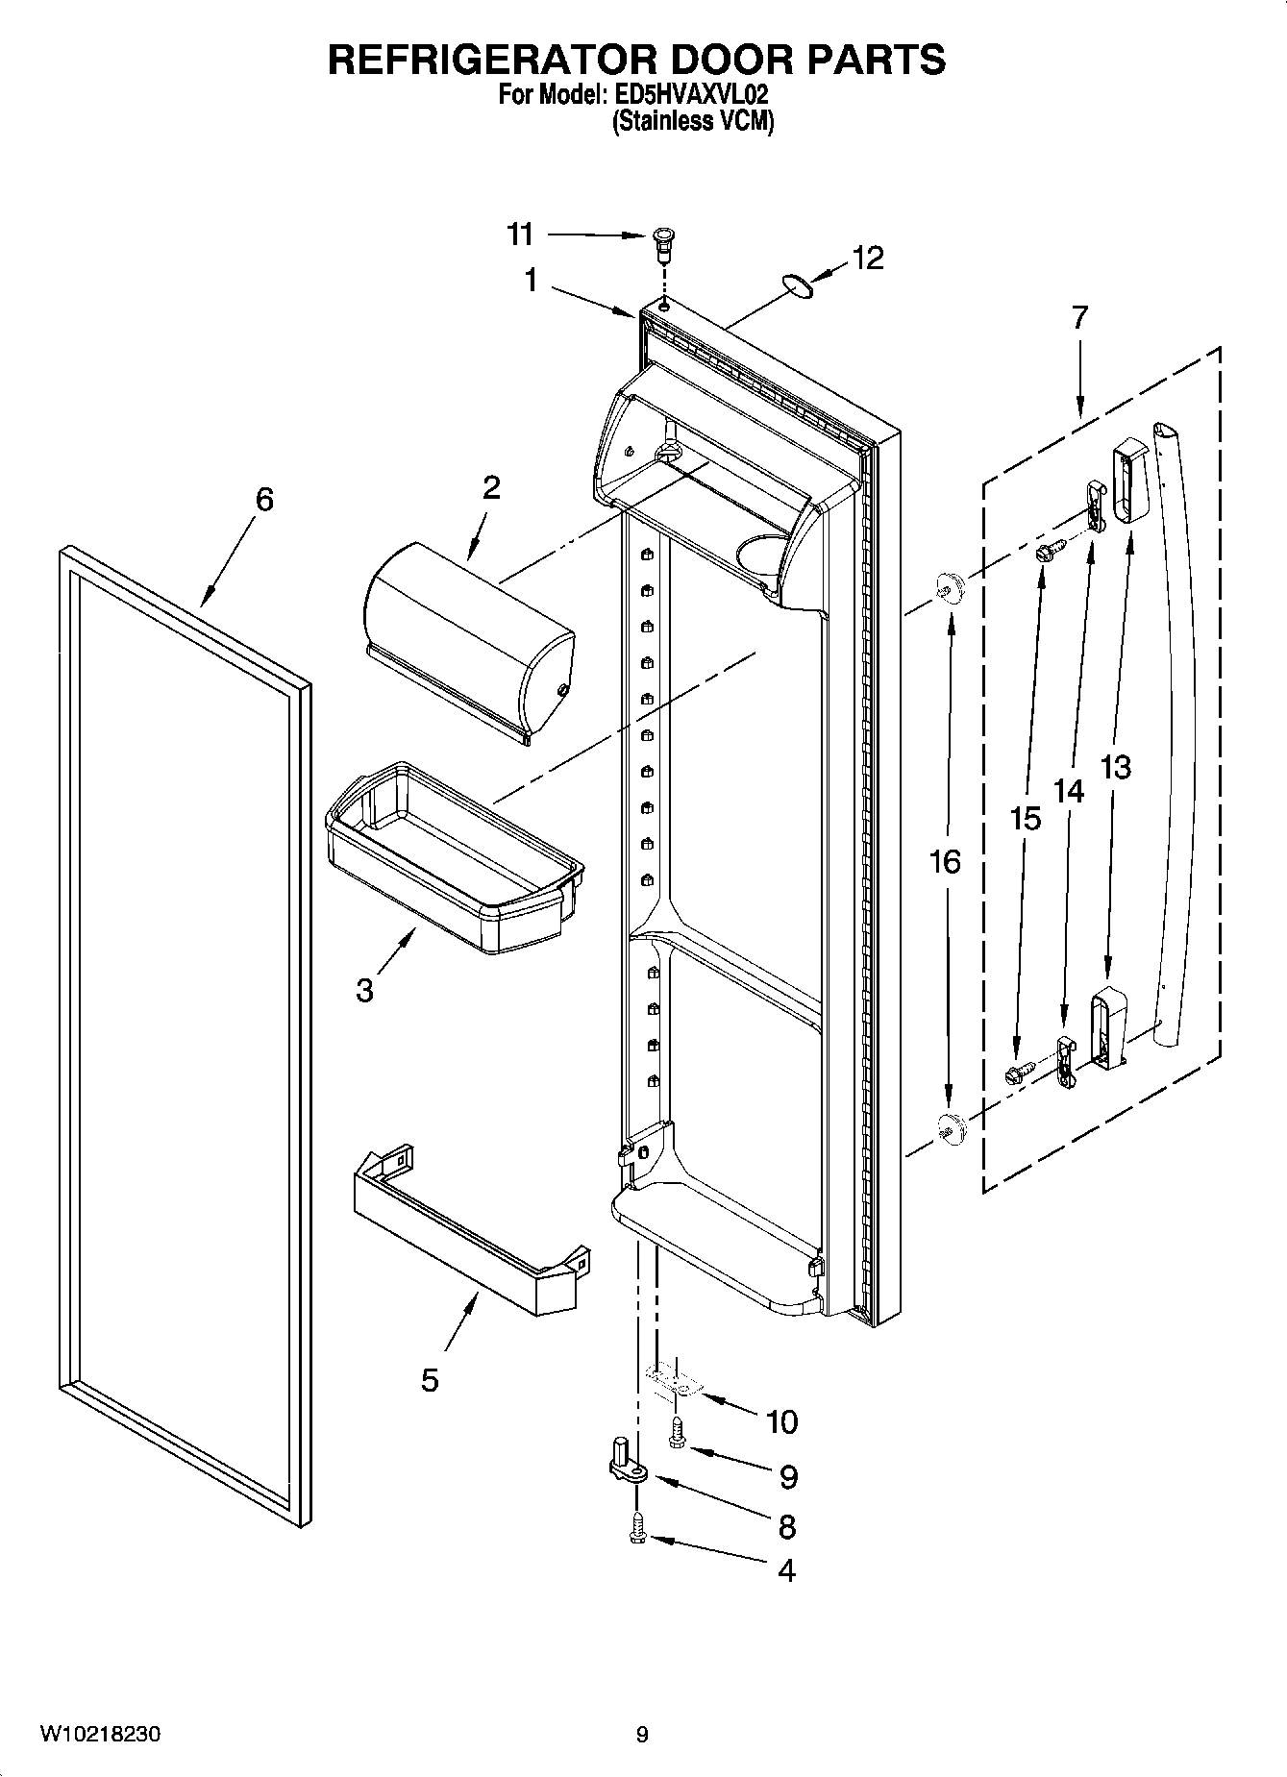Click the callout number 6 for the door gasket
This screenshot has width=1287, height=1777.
point(264,500)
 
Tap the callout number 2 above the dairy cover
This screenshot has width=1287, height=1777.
point(491,488)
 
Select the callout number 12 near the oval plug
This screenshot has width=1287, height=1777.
point(868,259)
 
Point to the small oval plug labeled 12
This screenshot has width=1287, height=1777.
point(798,285)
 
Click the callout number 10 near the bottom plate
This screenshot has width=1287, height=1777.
point(782,1421)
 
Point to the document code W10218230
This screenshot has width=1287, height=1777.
point(100,1735)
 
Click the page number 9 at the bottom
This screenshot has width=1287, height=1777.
point(642,1735)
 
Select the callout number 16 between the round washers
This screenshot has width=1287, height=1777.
point(946,862)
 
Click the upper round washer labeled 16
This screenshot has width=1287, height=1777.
point(948,586)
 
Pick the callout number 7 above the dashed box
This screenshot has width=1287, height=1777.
point(1079,317)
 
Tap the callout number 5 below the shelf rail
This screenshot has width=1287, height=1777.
point(430,1380)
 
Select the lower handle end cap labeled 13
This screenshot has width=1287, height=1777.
point(1108,1026)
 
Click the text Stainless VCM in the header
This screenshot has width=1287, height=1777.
point(693,122)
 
